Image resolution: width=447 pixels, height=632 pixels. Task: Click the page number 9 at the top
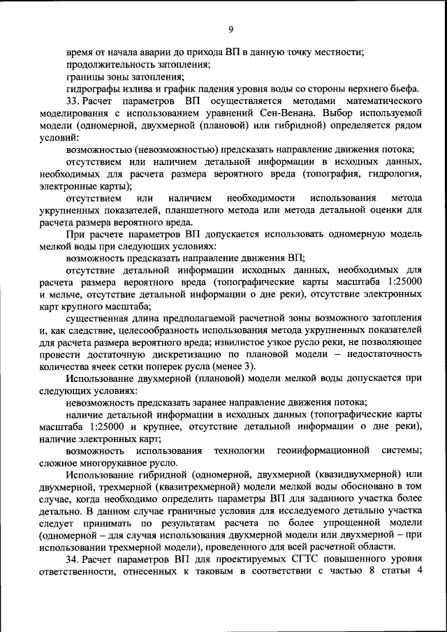point(230,29)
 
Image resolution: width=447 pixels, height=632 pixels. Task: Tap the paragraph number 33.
point(73,101)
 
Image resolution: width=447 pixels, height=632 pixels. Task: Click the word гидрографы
point(89,89)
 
